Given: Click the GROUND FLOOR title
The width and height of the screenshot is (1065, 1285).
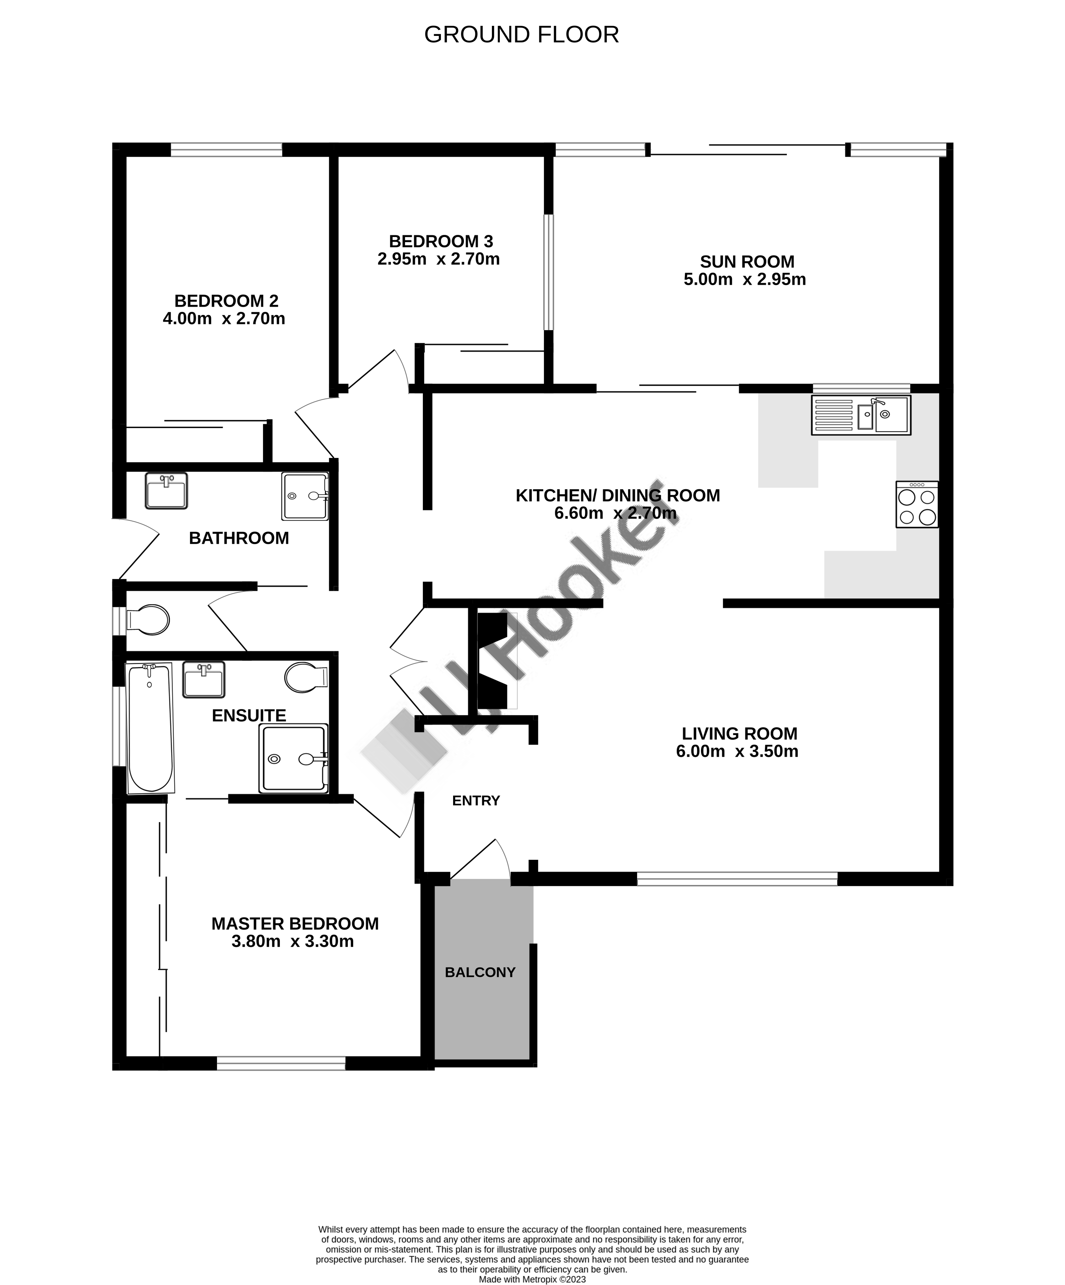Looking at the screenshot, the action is click(521, 35).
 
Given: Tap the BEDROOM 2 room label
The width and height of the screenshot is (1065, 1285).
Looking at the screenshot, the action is click(226, 301).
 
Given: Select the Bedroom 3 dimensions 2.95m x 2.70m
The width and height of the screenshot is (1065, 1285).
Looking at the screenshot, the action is click(438, 259).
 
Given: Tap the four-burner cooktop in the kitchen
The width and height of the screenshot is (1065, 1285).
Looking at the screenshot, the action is click(917, 504).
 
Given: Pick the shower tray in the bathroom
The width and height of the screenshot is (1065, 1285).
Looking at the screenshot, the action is click(305, 496).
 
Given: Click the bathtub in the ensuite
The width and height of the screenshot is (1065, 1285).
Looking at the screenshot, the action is click(149, 728).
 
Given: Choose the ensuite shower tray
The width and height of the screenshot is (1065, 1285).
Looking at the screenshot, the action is click(294, 759).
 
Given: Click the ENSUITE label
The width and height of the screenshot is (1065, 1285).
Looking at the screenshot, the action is click(249, 715).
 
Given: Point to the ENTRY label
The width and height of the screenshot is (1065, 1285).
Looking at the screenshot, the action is click(476, 801).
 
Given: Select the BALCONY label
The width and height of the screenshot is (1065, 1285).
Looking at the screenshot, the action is click(480, 972).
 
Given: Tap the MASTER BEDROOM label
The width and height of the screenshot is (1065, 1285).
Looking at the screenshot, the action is click(295, 924).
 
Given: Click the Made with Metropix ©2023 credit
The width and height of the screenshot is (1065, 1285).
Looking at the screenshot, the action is click(532, 1280).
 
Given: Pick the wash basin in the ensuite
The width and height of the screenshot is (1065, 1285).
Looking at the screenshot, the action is click(204, 680).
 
